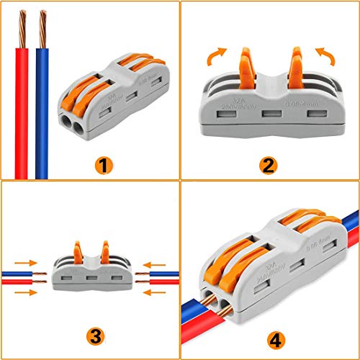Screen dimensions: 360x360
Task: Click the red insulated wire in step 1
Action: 22,115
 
